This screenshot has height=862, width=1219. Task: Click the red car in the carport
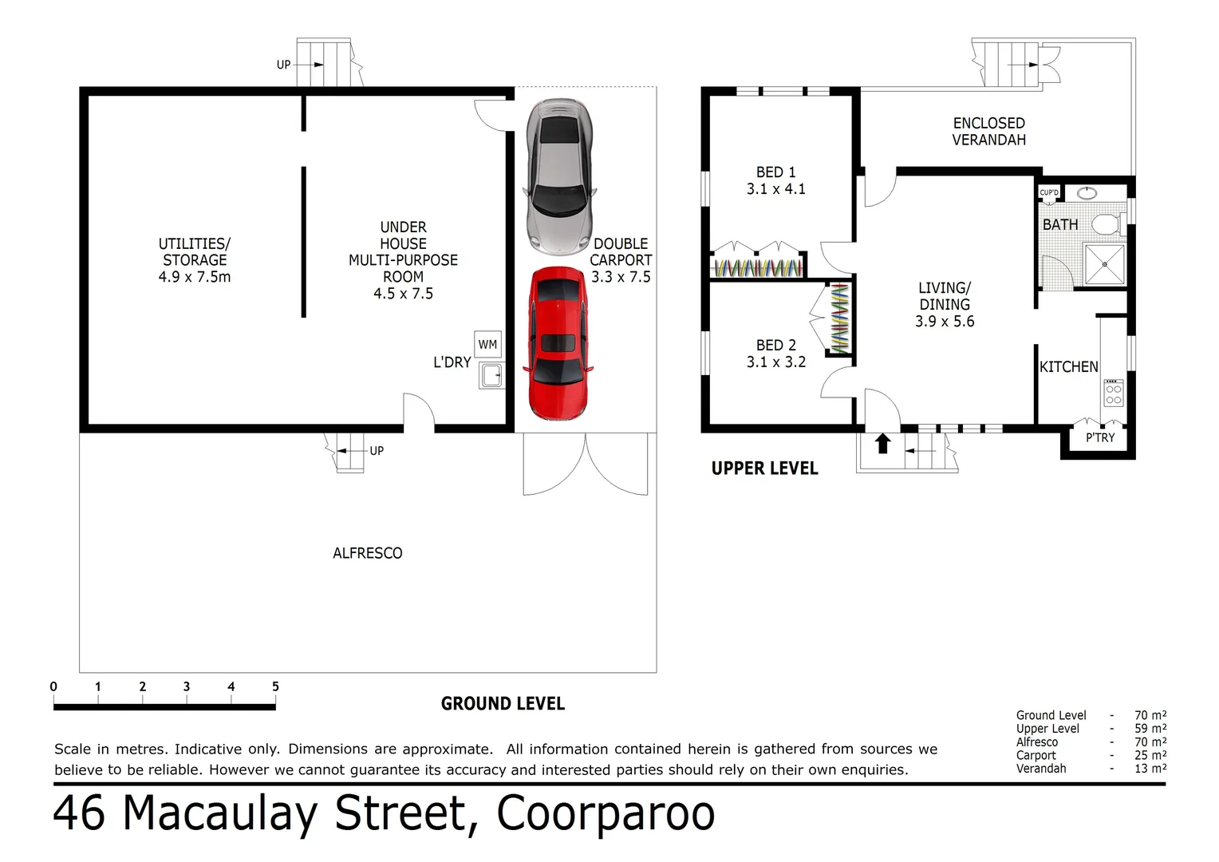[558, 344]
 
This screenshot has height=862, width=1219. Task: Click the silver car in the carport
[558, 175]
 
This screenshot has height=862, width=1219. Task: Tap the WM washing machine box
[487, 345]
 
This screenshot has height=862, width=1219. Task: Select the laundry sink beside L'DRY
[491, 374]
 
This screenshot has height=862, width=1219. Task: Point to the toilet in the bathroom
[1107, 223]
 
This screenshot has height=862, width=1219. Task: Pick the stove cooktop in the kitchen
[1114, 392]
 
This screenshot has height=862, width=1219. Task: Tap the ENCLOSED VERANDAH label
[988, 132]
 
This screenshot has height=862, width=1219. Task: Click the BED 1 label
[775, 172]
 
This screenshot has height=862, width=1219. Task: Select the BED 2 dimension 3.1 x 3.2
[775, 362]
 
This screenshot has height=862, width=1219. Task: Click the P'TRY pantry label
[1100, 438]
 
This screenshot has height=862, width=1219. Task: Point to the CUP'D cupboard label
[1049, 193]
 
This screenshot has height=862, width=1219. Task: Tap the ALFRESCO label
[367, 553]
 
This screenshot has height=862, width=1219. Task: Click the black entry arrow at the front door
[882, 444]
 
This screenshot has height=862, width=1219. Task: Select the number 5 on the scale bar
[275, 686]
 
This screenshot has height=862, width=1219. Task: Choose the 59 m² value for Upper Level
[1150, 729]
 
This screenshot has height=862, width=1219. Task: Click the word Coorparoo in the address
[606, 814]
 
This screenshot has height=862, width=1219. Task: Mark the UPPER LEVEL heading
[764, 469]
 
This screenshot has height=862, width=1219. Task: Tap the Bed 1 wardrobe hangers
[756, 267]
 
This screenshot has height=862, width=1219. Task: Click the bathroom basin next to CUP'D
[1087, 192]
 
